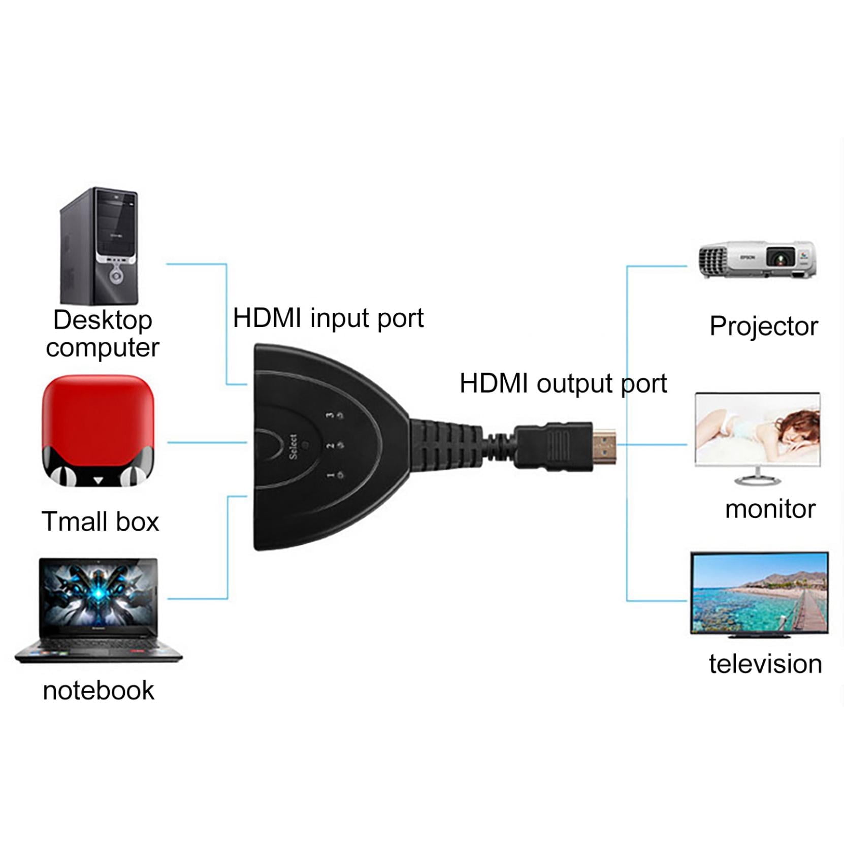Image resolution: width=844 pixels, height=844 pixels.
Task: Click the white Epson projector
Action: point(757,259)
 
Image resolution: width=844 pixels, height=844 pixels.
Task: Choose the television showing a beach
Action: point(759,594)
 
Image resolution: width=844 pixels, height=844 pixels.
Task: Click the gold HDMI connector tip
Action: point(604,447)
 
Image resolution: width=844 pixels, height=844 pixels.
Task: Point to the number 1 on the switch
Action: point(330,475)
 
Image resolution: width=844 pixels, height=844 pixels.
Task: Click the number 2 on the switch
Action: point(330,445)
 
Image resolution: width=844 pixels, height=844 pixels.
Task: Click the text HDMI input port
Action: point(328,319)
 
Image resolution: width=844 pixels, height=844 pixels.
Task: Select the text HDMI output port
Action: point(563,384)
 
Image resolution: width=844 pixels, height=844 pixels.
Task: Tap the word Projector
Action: point(763,326)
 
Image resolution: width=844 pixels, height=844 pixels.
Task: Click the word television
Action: point(765,664)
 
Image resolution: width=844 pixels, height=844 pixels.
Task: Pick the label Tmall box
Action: point(100,522)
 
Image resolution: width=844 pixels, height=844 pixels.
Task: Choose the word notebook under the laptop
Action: point(99,691)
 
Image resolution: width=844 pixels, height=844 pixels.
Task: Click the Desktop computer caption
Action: point(102,334)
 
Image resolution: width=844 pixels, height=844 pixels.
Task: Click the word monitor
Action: point(770,509)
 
